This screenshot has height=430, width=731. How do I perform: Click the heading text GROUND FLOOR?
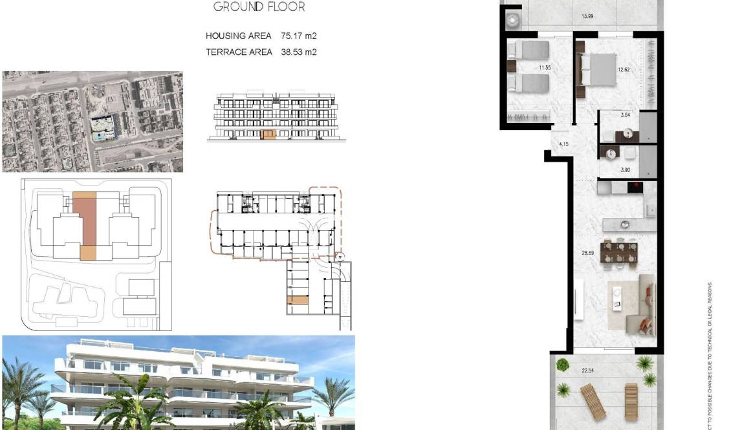point(259,7)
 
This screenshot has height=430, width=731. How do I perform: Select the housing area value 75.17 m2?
point(299,36)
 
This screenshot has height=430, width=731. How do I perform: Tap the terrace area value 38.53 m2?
point(299,52)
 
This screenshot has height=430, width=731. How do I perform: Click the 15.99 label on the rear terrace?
point(587,17)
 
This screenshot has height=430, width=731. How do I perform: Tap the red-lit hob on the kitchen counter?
point(636,188)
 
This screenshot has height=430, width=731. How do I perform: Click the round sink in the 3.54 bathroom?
point(626,134)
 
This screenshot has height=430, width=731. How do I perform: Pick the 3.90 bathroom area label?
point(625,170)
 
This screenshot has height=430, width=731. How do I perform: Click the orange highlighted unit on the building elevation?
point(268,134)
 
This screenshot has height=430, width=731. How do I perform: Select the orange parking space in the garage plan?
point(298,300)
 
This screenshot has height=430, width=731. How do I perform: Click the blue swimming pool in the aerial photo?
point(102,134)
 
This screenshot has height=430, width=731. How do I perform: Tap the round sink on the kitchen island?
point(625,225)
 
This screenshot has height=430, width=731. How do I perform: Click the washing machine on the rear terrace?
point(513,21)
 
